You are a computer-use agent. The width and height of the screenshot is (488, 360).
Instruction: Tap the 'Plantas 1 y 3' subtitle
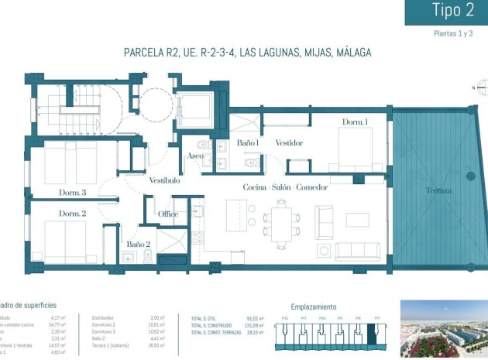click(x=453, y=34)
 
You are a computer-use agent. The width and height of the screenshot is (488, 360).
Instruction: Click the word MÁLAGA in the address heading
click(x=349, y=53)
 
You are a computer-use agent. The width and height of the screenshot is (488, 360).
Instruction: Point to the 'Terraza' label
click(x=438, y=190)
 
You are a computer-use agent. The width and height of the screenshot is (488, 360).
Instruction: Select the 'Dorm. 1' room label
click(x=356, y=122)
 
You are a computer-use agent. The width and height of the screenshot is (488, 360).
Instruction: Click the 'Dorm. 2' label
click(x=72, y=214)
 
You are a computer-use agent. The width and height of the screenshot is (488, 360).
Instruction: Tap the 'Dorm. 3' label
click(x=72, y=192)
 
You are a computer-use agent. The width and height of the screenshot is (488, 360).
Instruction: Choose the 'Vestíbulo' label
click(x=164, y=180)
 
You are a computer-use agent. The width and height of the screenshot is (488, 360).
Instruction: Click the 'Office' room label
click(x=168, y=214)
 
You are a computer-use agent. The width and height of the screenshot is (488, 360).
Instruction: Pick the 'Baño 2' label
click(x=139, y=245)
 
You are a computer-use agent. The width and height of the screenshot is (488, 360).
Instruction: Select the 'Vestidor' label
click(x=289, y=143)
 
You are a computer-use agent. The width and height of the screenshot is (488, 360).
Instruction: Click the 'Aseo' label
click(x=194, y=157)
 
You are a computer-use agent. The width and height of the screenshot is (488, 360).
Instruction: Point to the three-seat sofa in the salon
click(x=359, y=251)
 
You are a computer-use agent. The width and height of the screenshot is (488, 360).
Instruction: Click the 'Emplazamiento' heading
click(x=313, y=307)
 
